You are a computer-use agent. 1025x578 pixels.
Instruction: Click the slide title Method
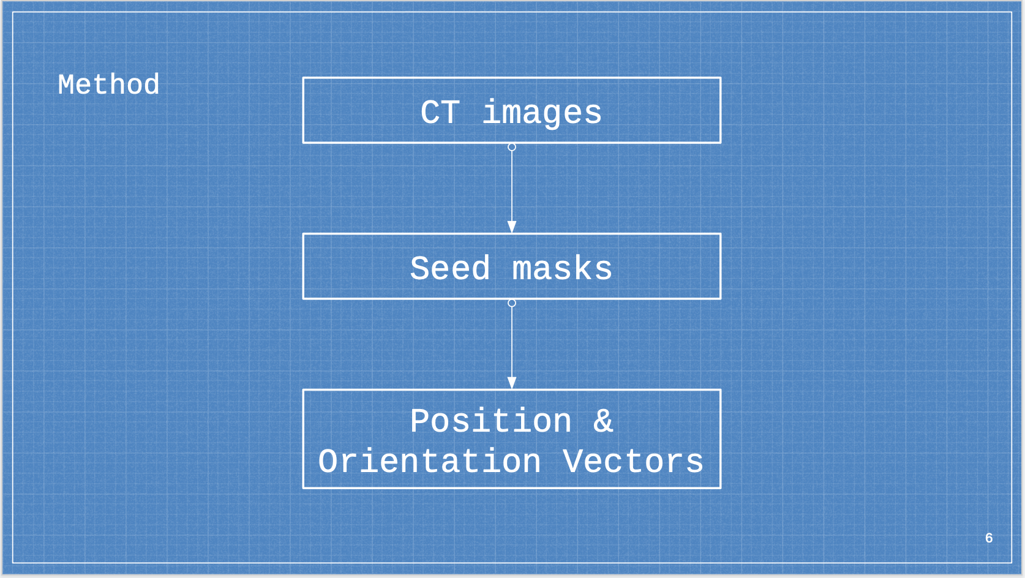point(108,84)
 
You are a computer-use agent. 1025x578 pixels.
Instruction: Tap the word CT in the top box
point(440,113)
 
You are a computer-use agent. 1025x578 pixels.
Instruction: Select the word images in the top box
point(542,113)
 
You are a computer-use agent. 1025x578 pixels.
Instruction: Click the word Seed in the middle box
point(450,269)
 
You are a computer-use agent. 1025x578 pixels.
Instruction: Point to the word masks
point(561,269)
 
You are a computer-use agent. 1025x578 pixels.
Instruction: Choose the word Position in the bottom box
point(490,421)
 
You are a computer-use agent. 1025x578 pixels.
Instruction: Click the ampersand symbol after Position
point(603,421)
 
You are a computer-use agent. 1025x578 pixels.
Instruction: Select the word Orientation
point(429,461)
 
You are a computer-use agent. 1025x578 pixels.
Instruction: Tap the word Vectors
point(633,461)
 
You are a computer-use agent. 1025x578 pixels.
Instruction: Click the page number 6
point(989,538)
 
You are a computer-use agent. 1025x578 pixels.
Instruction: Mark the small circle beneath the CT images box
point(512,147)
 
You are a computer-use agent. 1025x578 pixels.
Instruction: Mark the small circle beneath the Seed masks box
point(512,303)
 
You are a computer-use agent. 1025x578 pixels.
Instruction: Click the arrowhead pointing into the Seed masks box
point(512,227)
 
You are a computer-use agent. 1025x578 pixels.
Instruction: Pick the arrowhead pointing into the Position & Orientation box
point(512,383)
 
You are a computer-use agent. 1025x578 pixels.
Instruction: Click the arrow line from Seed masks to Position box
point(512,343)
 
